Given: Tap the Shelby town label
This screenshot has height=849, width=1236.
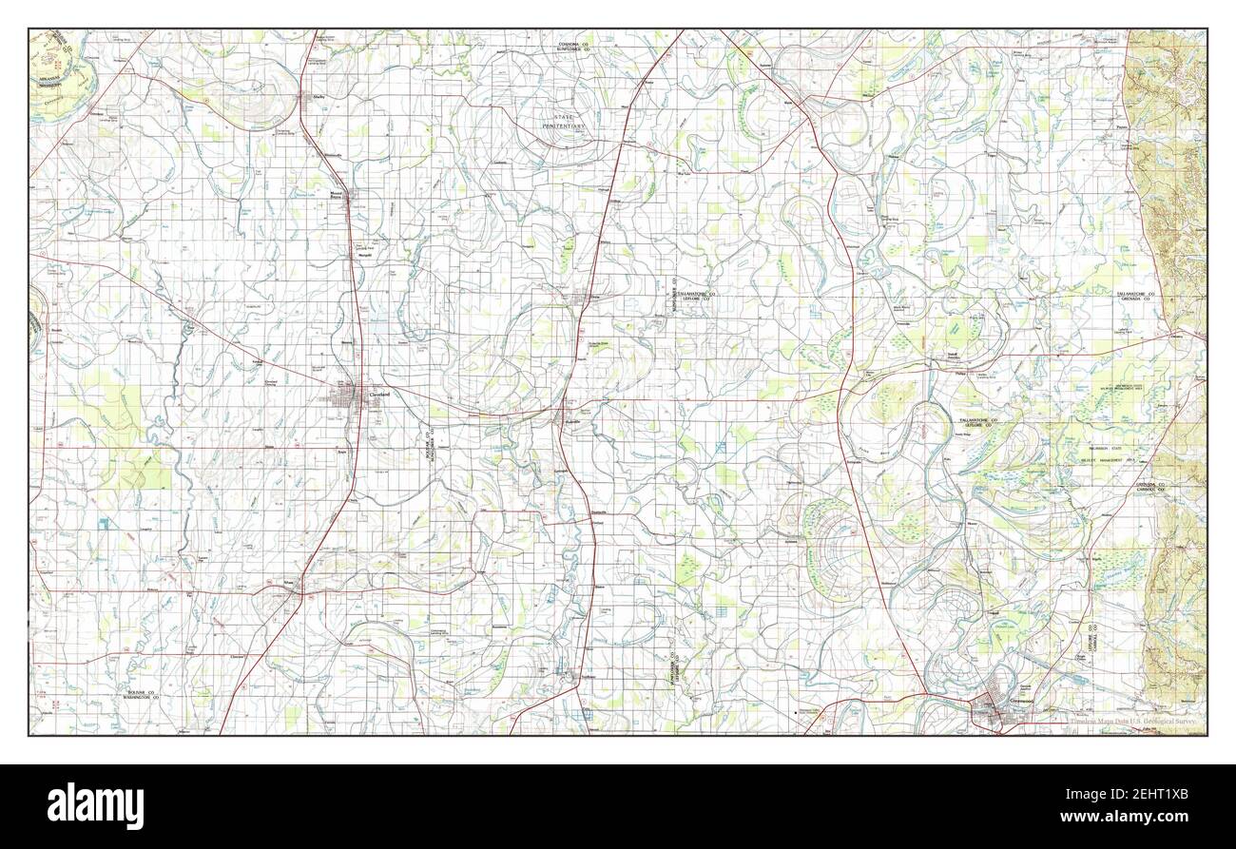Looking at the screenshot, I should click(x=307, y=96).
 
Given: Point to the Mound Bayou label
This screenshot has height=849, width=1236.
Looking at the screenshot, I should click(x=336, y=196).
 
